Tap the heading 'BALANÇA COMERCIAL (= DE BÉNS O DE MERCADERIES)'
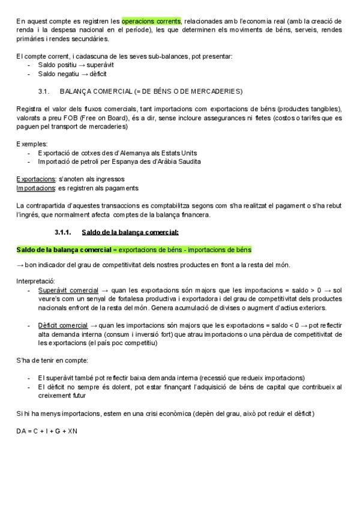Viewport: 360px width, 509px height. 151,91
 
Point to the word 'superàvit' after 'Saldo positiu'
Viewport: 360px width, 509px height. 100,65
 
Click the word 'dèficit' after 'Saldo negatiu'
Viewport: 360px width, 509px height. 98,74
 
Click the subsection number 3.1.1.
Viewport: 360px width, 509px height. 63,232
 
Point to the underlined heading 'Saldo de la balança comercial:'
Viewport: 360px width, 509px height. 130,232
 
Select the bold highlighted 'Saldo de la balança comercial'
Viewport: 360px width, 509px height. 64,249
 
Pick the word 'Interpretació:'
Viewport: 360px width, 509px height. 35,281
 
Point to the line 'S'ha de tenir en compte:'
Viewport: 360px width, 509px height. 52,360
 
